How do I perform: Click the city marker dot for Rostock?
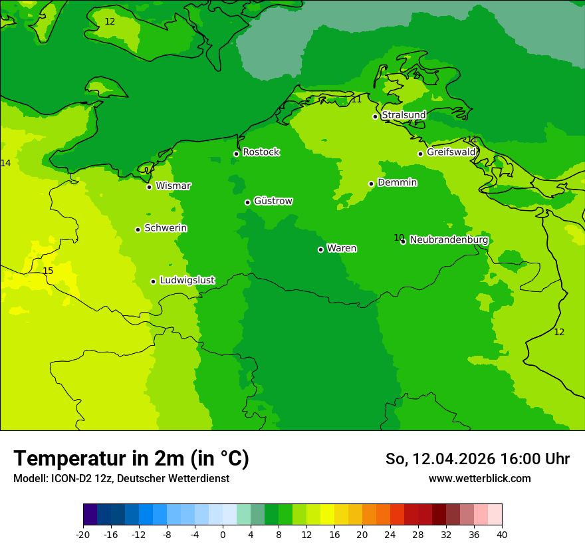tap(236, 154)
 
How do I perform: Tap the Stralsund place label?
tap(404, 115)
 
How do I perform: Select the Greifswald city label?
tap(451, 152)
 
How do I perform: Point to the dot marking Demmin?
tap(371, 184)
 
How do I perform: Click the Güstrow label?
tap(273, 201)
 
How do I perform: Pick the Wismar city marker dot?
tap(149, 187)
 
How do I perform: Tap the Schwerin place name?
tap(166, 228)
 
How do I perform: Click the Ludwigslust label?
tap(187, 280)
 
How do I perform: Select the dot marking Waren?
tap(320, 249)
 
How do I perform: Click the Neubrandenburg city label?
tap(449, 239)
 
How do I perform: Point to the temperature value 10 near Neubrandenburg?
tap(398, 237)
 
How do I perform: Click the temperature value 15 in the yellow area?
tap(48, 271)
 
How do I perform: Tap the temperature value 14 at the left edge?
tap(5, 163)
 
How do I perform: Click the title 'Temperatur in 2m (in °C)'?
tap(131, 459)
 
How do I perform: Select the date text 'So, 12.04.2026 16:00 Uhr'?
tap(477, 459)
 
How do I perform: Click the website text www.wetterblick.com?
tap(479, 478)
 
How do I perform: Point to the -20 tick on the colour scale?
tap(83, 534)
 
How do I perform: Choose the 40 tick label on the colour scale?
tap(502, 534)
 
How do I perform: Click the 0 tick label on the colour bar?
tap(223, 534)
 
